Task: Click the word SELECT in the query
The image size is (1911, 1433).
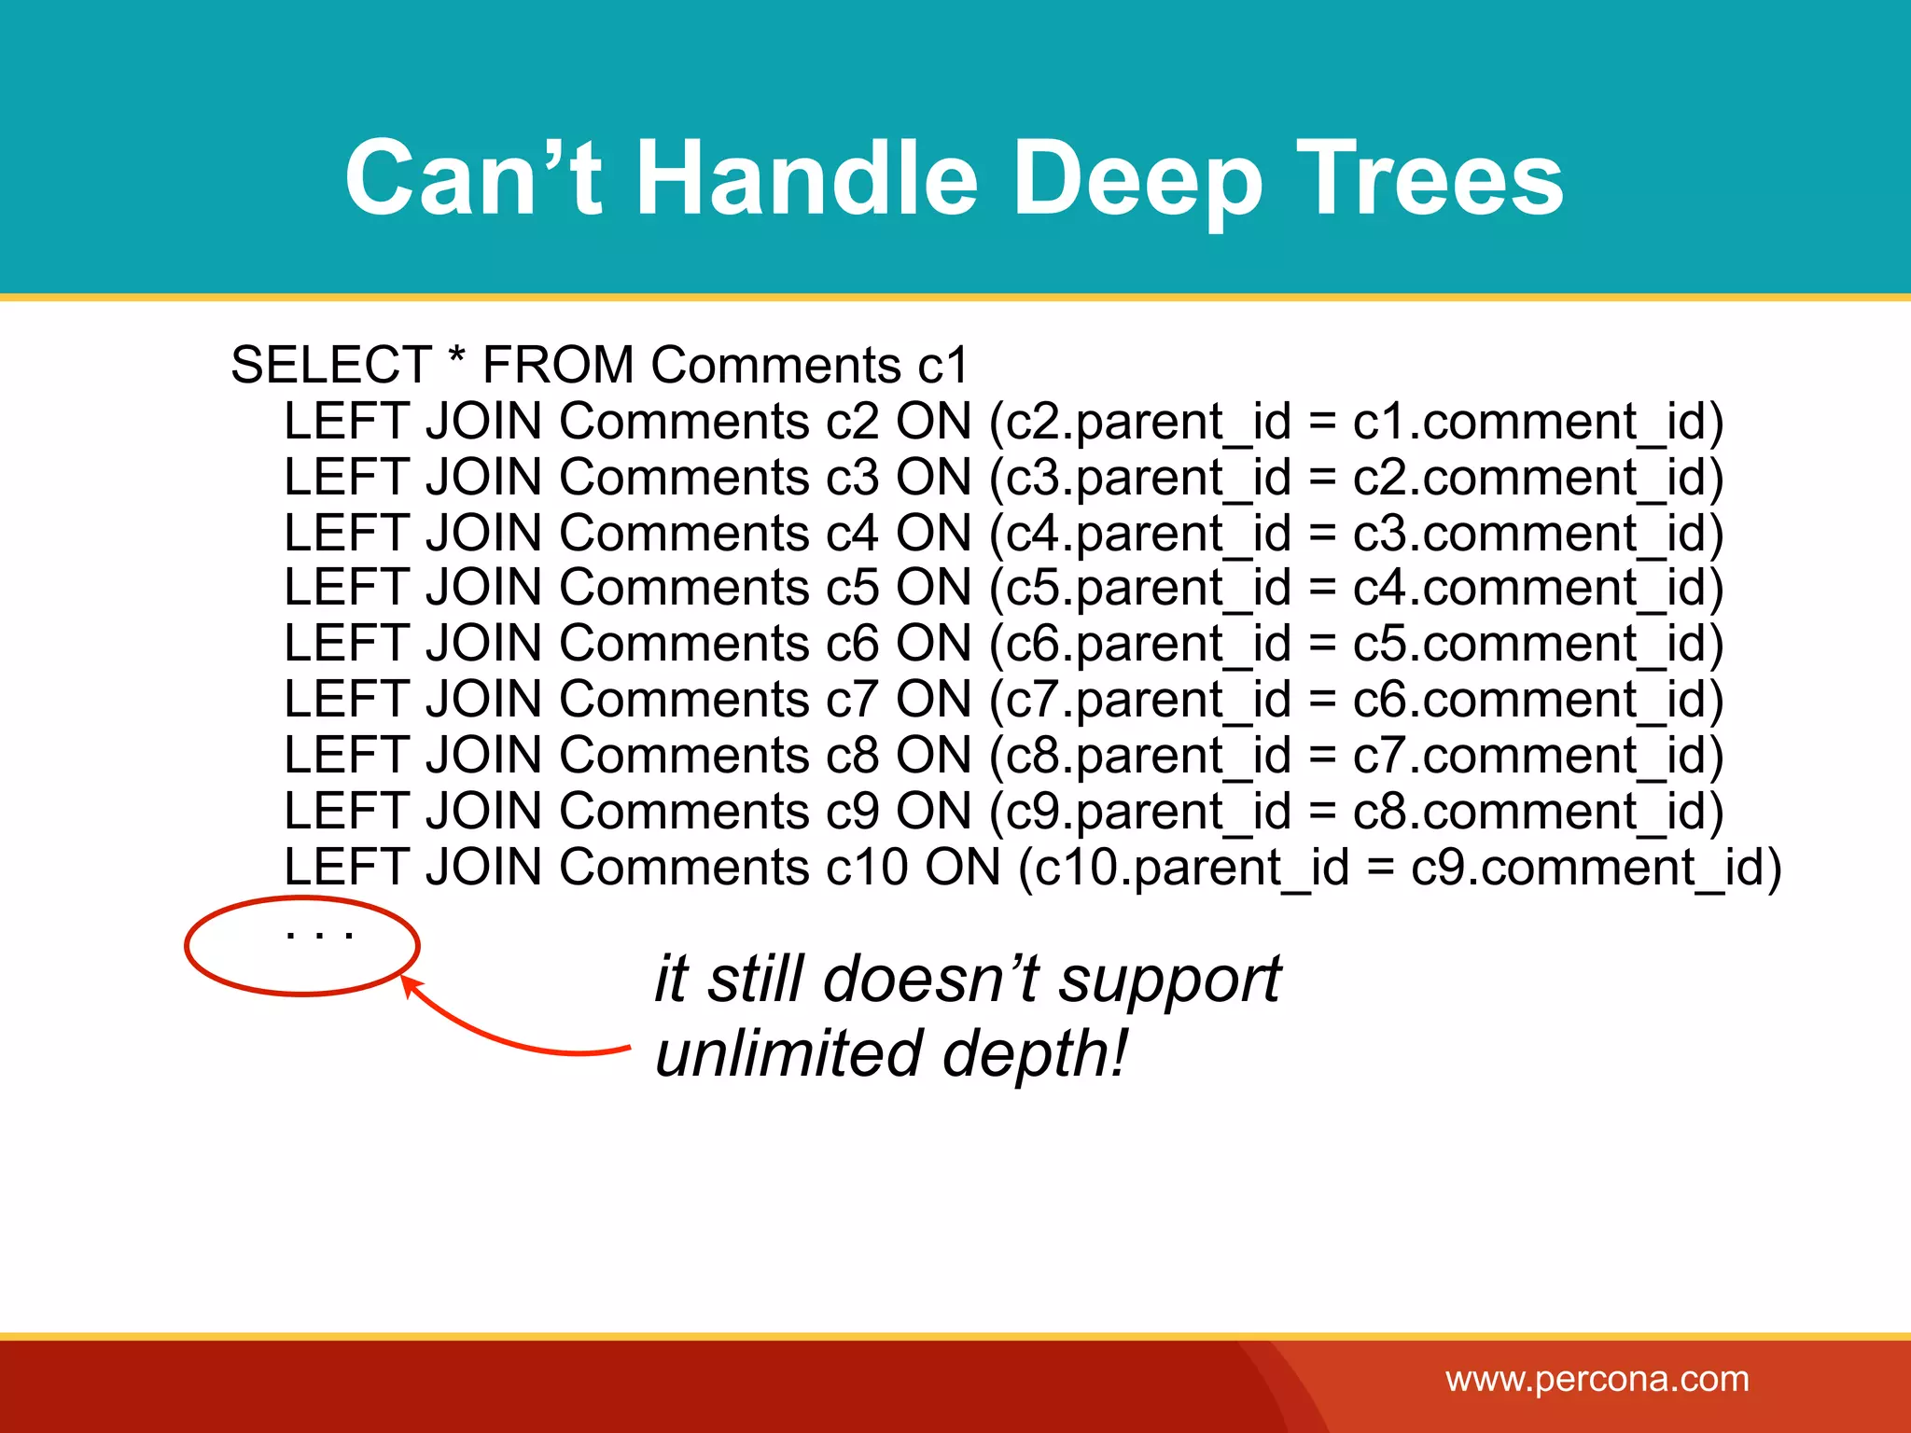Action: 330,365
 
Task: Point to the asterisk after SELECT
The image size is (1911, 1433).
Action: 456,358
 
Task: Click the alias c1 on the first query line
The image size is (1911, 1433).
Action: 942,365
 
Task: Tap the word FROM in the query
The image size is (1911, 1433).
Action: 558,365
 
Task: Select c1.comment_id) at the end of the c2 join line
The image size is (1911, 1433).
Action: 1538,422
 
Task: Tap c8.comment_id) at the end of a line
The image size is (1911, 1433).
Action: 1538,812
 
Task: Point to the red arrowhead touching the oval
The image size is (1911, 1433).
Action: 409,983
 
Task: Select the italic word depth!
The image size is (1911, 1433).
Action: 1035,1053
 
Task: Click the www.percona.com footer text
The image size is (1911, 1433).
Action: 1597,1379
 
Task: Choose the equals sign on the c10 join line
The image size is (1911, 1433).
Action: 1380,868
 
